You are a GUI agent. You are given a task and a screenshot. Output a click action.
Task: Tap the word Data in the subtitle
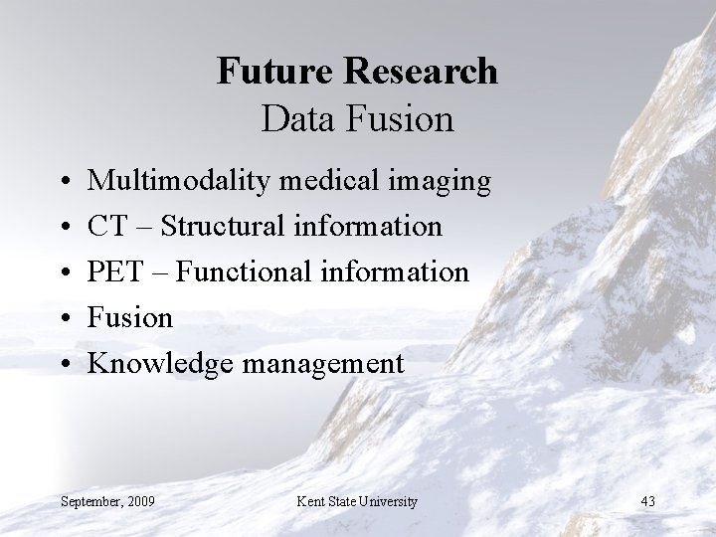[292, 119]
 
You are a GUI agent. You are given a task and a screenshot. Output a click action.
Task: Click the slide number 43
[648, 500]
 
